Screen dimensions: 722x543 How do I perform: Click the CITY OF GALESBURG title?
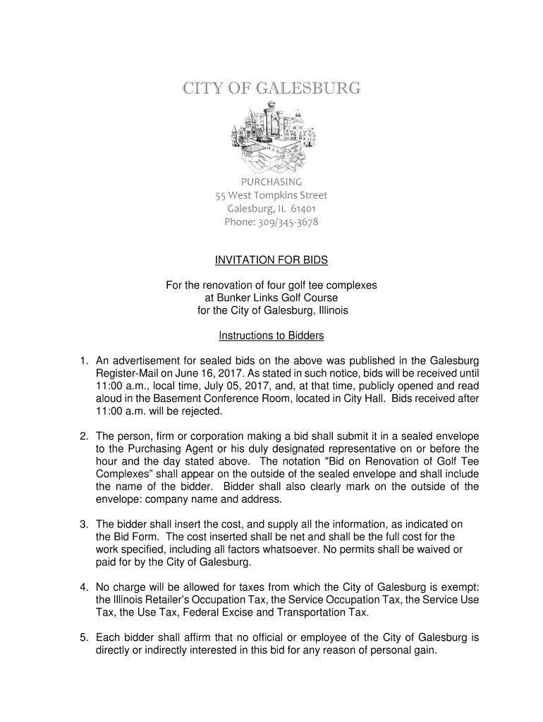271,90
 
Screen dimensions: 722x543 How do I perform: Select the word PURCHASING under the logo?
271,182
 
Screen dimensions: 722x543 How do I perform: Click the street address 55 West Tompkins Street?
271,195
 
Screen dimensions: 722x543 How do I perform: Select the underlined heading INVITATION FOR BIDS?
271,261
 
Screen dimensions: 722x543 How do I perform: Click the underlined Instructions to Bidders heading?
271,336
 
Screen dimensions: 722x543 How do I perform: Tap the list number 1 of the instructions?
83,361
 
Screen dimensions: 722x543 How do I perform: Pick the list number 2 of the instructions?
83,436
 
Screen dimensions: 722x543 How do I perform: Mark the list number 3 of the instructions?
83,524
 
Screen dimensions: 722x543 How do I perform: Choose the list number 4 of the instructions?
83,587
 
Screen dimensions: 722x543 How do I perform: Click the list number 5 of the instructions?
83,638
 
